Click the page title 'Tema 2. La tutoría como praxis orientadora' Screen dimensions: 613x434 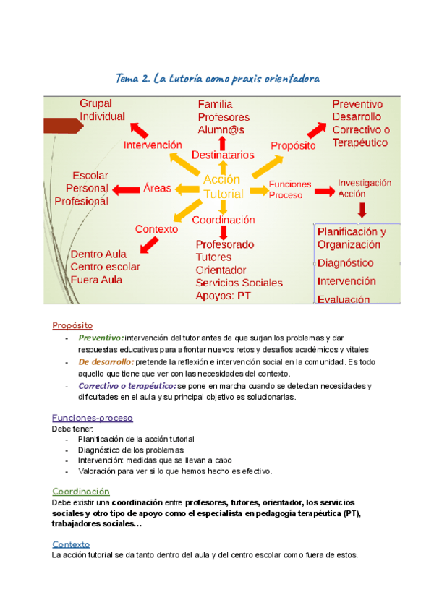pos(217,78)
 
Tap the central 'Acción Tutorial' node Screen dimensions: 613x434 pos(223,187)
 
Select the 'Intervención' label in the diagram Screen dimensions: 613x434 pos(153,145)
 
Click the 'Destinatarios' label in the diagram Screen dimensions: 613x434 pos(223,155)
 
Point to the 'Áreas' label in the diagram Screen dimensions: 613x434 pos(157,188)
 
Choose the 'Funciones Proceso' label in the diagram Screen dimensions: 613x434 pos(289,189)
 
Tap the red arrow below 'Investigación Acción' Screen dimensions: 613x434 pos(362,210)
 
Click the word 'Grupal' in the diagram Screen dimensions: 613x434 pos(95,103)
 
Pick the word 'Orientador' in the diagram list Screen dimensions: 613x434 pos(221,270)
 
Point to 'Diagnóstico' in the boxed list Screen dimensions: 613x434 pos(345,263)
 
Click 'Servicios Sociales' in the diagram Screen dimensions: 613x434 pos(239,283)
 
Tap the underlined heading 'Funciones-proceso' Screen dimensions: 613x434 pos(92,418)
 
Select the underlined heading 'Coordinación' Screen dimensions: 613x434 pos(81,492)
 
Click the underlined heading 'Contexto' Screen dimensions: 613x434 pos(71,544)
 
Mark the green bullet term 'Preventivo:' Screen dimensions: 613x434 pos(101,338)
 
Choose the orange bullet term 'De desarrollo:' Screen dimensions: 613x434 pos(106,361)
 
